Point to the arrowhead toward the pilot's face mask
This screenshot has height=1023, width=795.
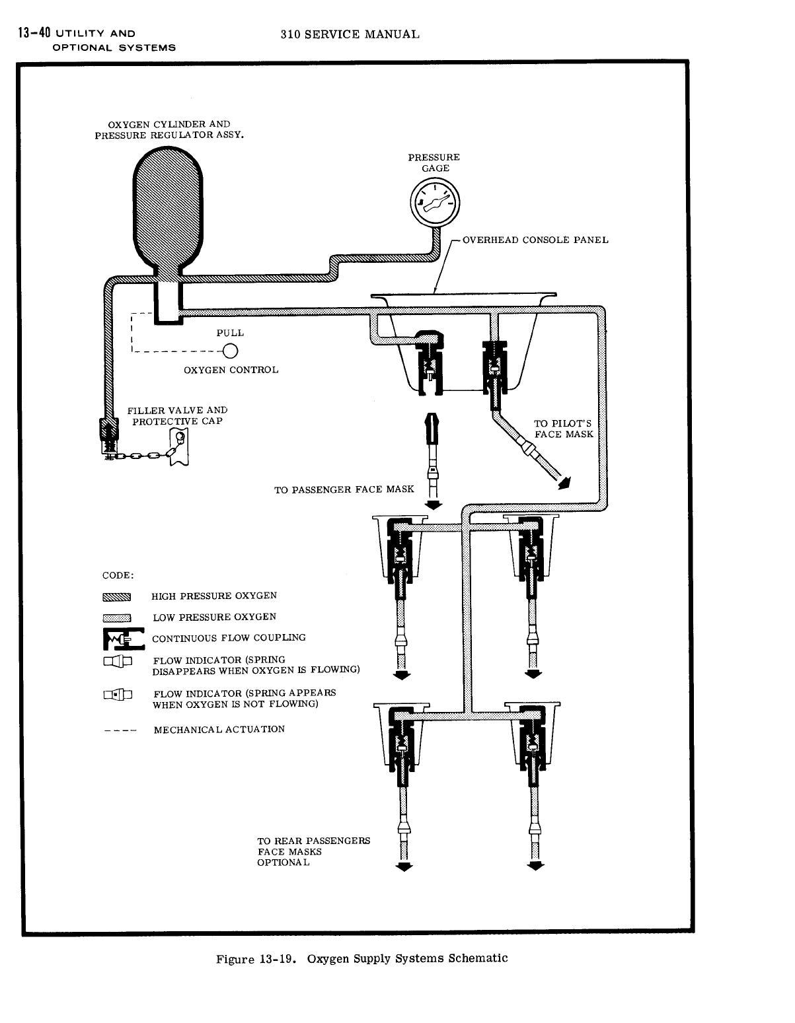click(564, 482)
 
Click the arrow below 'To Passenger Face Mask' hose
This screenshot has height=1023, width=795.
click(433, 505)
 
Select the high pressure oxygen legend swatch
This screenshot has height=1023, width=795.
click(117, 597)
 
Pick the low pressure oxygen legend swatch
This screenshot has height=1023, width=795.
click(117, 618)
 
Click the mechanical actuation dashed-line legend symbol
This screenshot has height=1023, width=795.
click(120, 731)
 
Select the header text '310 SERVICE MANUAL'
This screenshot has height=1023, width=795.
click(350, 34)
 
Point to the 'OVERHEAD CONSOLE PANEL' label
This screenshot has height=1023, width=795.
click(535, 240)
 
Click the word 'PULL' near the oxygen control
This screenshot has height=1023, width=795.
click(230, 333)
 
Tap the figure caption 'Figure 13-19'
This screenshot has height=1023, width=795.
click(259, 958)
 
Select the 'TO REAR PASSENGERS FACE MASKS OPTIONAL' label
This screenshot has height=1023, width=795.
click(313, 851)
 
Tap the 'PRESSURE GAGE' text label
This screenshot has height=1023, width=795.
click(434, 162)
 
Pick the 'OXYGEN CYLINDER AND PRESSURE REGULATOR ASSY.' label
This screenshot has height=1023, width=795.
click(169, 129)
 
